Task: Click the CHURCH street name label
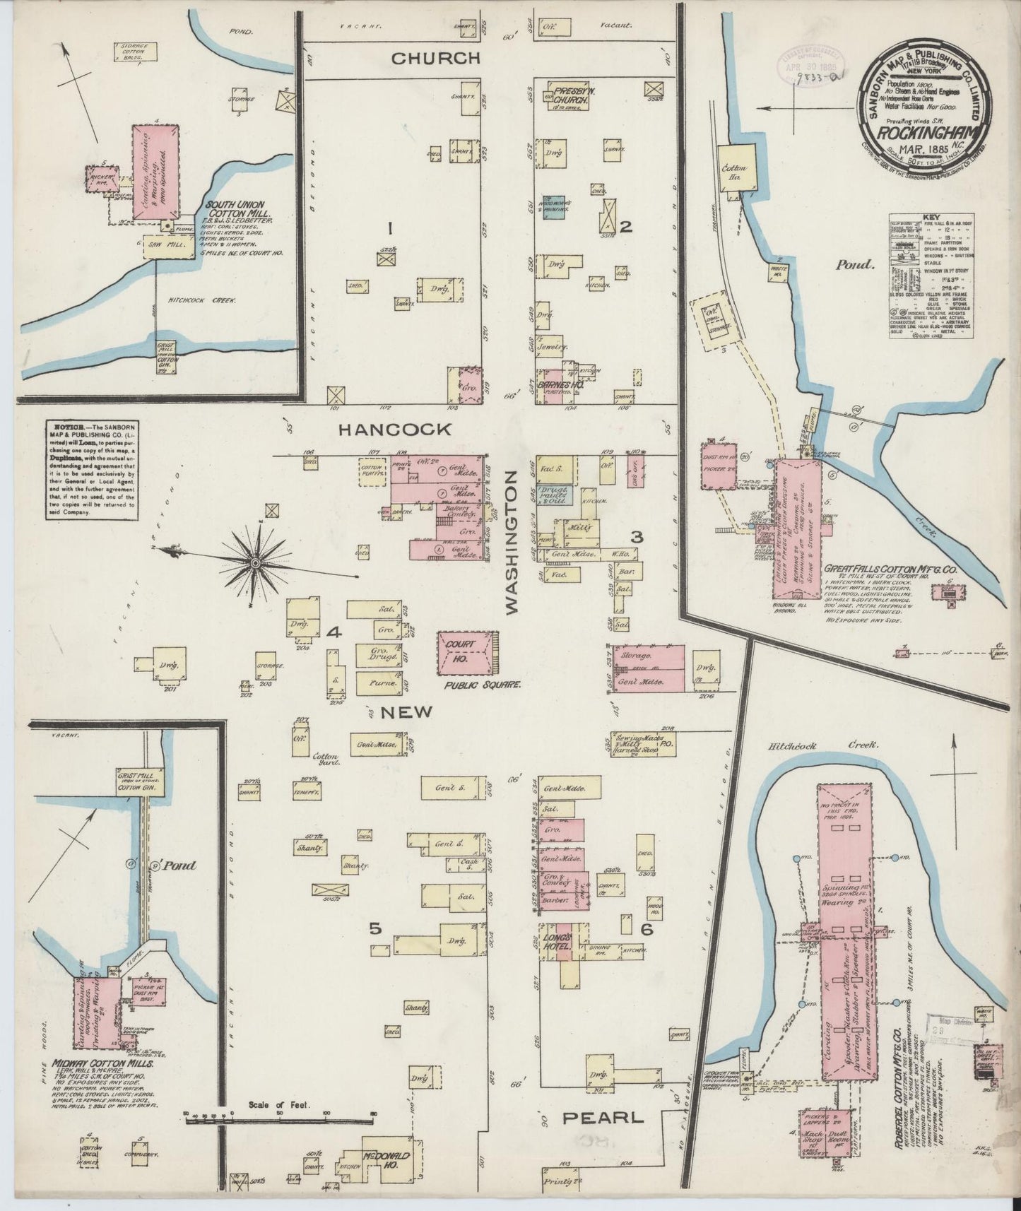[x=436, y=58]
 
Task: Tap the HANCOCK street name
[x=394, y=429]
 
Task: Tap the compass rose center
[x=254, y=563]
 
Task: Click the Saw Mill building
[x=168, y=244]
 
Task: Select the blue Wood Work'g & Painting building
[x=554, y=206]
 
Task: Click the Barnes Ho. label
[x=559, y=384]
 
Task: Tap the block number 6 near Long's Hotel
[x=645, y=930]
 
